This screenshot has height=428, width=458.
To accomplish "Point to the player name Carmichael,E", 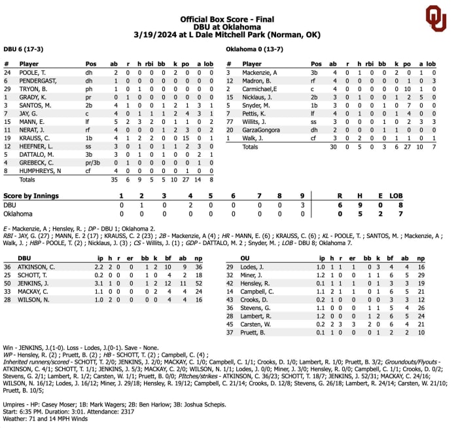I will (x=260, y=88).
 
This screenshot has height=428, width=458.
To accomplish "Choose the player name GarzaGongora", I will (x=264, y=130).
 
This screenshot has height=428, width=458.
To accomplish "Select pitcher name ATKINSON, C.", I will (x=38, y=267).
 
